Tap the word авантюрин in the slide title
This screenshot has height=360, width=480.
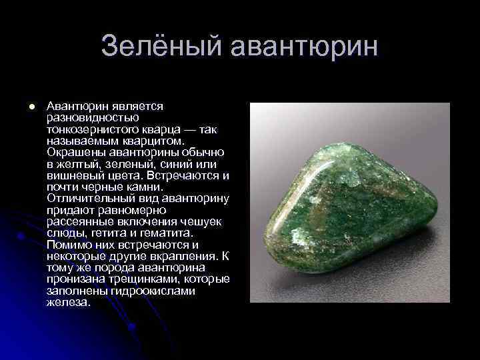[305, 47]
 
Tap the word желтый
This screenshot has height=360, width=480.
[76, 163]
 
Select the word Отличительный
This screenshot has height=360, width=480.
[87, 198]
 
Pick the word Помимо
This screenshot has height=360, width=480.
[66, 244]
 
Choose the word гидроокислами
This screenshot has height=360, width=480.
[137, 290]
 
